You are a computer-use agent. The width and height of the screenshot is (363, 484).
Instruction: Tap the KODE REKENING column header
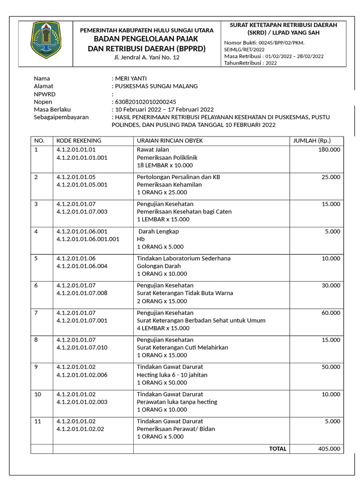(78, 141)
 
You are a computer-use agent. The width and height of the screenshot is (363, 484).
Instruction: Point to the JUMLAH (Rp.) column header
(312, 141)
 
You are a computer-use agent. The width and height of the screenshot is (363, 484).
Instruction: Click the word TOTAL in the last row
(277, 449)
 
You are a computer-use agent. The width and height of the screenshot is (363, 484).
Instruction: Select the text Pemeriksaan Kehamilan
(169, 185)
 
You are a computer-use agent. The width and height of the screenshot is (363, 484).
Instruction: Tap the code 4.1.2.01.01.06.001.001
(87, 239)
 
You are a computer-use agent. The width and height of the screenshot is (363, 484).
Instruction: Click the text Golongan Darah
(158, 266)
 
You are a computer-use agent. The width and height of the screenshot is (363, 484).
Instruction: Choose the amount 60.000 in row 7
(330, 313)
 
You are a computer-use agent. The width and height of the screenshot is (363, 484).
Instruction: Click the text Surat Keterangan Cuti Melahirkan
(182, 347)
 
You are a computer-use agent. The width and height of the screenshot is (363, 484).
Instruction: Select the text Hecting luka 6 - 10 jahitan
(172, 375)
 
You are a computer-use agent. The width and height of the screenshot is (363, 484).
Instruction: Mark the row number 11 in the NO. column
(37, 421)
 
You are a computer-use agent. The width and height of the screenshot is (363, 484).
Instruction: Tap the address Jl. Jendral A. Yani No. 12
(147, 57)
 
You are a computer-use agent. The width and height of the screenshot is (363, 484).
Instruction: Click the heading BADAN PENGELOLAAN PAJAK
(147, 39)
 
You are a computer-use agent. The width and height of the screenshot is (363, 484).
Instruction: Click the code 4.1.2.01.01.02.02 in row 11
(80, 429)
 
